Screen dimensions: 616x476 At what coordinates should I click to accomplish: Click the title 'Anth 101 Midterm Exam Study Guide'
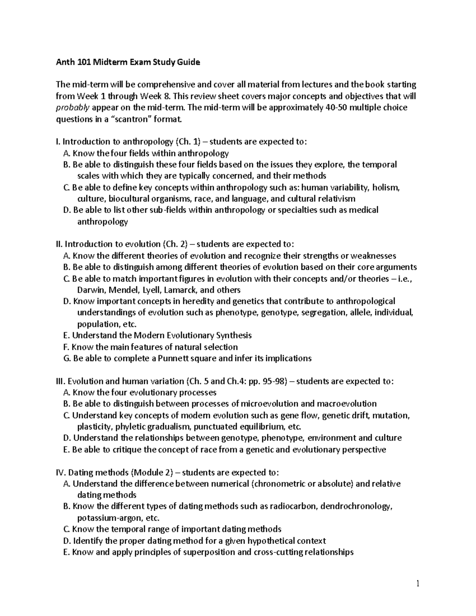click(x=128, y=62)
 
